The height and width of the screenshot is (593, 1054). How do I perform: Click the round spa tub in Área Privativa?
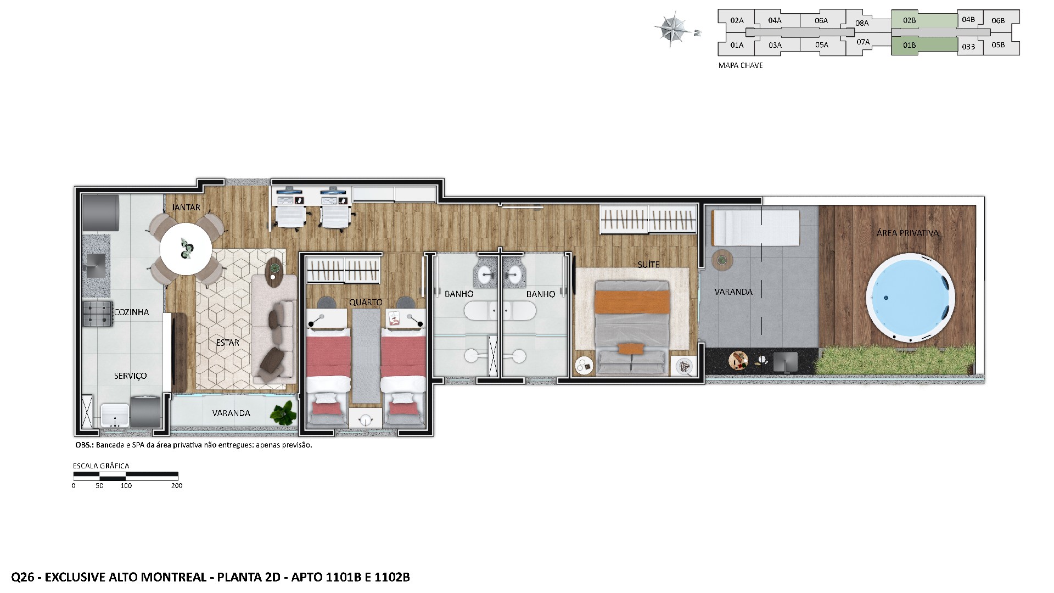coord(910,298)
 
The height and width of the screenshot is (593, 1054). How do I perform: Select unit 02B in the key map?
coord(909,20)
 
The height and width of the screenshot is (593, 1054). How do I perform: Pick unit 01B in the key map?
coord(909,45)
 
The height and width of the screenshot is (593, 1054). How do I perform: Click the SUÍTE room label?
coord(648,265)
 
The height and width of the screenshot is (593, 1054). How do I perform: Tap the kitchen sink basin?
coord(96,265)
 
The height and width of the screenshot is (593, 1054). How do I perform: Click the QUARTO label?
coord(366,303)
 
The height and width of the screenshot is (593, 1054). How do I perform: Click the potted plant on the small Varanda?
coord(284,412)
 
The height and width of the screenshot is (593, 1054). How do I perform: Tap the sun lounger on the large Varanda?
coord(755,228)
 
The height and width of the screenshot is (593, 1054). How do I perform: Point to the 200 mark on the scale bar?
coord(177,485)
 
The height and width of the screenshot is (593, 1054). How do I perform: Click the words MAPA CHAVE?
coord(741,65)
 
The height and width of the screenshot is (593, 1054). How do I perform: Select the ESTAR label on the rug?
coord(227,343)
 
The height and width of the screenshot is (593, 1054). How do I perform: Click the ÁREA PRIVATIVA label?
coord(907,233)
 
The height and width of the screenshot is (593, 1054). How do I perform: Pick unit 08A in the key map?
coord(862,23)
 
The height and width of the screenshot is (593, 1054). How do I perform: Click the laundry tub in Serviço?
coord(115,416)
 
